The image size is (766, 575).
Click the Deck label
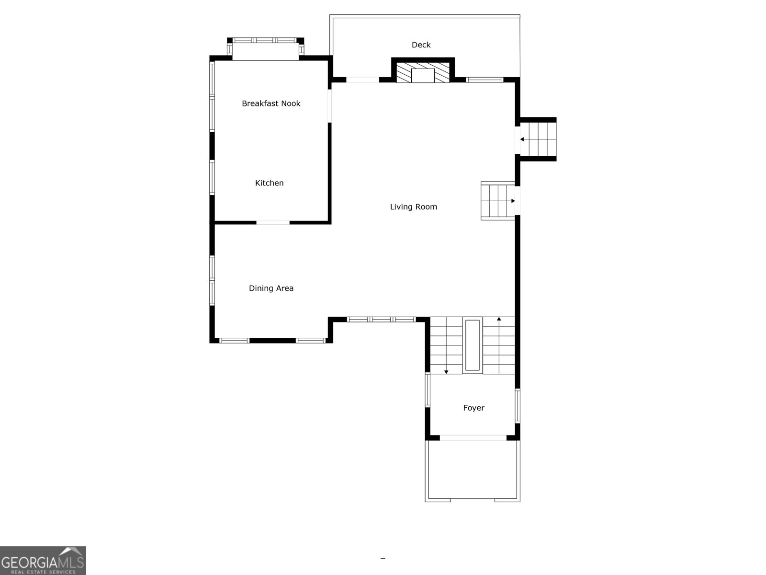[421, 45]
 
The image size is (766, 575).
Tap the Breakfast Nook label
[271, 103]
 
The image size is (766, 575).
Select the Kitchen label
[269, 183]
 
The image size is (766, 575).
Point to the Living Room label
[413, 207]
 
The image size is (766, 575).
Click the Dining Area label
[271, 288]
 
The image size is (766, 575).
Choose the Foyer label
[473, 408]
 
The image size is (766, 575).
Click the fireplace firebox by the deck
[423, 76]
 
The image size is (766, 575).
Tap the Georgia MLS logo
[43, 560]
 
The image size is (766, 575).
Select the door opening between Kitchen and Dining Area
[273, 222]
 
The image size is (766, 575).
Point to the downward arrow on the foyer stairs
[446, 372]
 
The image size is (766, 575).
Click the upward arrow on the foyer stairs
[499, 319]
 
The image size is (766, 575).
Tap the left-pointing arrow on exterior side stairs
[522, 139]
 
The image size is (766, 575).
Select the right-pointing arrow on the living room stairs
[513, 201]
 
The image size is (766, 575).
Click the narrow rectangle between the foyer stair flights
[472, 345]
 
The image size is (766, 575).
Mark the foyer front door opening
[473, 438]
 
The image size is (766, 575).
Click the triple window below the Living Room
[381, 319]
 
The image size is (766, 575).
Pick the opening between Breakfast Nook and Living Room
[329, 105]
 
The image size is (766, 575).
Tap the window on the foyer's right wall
[518, 406]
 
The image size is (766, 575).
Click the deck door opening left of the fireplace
[362, 80]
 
